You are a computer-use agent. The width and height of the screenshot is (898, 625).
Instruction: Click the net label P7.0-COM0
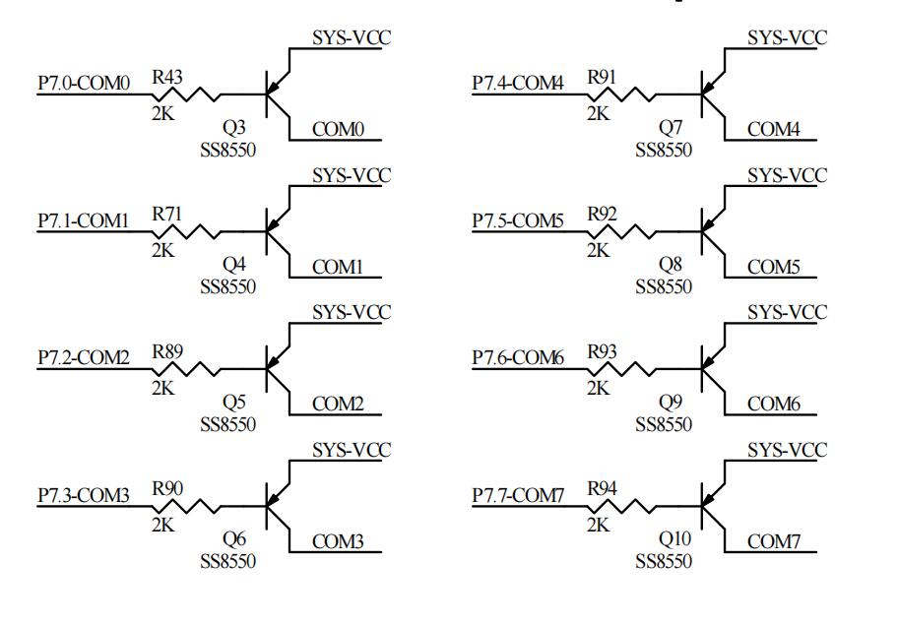pyautogui.click(x=84, y=84)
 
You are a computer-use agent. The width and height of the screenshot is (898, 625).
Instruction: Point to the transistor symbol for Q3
pyautogui.click(x=276, y=94)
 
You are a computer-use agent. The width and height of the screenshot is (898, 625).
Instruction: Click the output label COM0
pyautogui.click(x=339, y=129)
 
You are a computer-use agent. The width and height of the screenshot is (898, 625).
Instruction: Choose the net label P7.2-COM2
pyautogui.click(x=84, y=357)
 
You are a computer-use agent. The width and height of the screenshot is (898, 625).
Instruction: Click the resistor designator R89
pyautogui.click(x=167, y=349)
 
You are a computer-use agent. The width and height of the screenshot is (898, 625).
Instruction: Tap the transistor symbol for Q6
pyautogui.click(x=276, y=505)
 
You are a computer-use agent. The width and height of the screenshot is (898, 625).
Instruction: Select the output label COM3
pyautogui.click(x=339, y=540)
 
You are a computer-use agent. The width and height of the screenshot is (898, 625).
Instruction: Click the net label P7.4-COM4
pyautogui.click(x=518, y=84)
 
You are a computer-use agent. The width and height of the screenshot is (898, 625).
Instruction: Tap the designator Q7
pyautogui.click(x=669, y=128)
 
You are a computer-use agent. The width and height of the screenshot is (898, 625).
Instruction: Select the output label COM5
pyautogui.click(x=774, y=267)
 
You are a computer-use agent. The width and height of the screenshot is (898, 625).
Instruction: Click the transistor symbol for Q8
pyautogui.click(x=711, y=232)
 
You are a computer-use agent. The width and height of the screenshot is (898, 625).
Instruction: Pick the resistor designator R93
pyautogui.click(x=603, y=349)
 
